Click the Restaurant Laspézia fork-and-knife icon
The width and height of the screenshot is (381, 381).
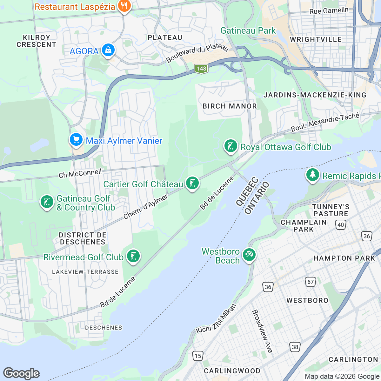click(124, 6)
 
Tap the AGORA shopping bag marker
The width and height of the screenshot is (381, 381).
click(108, 50)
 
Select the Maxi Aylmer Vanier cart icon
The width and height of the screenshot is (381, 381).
click(76, 140)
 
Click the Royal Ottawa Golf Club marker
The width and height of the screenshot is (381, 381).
click(231, 146)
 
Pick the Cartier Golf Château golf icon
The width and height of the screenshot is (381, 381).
click(192, 183)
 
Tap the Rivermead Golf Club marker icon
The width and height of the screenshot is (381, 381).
click(133, 256)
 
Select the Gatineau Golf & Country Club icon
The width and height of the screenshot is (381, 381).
click(47, 202)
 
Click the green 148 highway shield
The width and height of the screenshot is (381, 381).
click(201, 69)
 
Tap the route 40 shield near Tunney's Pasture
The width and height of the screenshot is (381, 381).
click(341, 225)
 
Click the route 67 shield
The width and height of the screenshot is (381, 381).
click(311, 282)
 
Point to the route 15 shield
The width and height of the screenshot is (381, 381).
click(198, 356)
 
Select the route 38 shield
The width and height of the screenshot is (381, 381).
click(295, 347)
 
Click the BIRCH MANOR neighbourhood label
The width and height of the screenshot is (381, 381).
click(230, 106)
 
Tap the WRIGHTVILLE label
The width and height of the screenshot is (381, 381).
click(316, 39)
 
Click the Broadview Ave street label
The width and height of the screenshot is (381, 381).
click(262, 331)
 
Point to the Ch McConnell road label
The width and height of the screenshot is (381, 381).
click(80, 174)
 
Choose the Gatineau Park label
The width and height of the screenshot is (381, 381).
click(248, 30)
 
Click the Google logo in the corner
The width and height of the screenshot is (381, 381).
click(21, 373)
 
